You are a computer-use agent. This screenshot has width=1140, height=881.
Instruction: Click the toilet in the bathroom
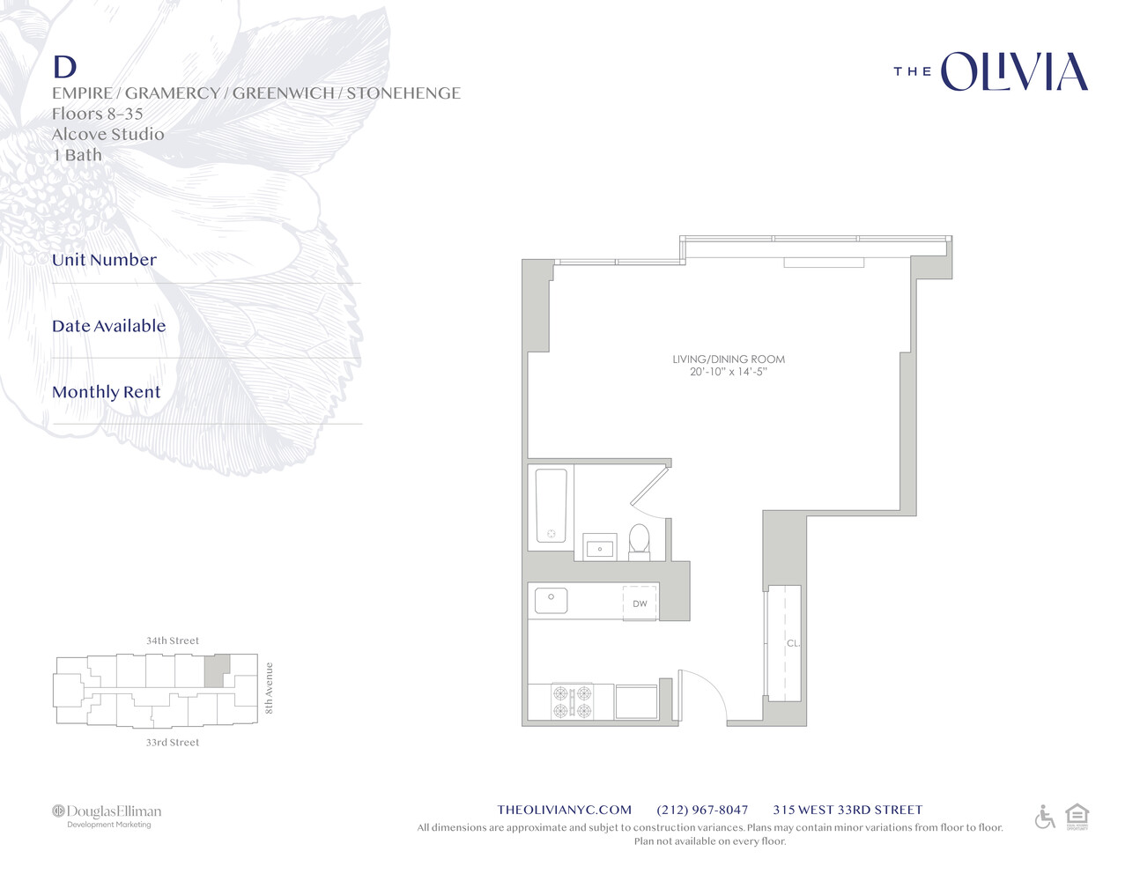click(x=640, y=540)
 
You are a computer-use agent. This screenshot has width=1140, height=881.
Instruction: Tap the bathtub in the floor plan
click(x=551, y=506)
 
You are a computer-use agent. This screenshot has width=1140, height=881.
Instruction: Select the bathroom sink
click(x=600, y=546)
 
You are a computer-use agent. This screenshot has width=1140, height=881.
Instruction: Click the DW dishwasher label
click(x=640, y=603)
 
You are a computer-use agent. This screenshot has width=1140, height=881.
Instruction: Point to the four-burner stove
click(x=571, y=702)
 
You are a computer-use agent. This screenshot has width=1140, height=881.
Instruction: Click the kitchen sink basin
click(x=551, y=600)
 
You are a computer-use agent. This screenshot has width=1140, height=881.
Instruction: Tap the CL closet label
click(x=792, y=643)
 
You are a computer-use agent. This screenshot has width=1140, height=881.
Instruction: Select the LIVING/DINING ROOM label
click(x=729, y=359)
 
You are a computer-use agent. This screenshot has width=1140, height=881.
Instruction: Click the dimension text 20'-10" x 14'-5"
click(x=729, y=372)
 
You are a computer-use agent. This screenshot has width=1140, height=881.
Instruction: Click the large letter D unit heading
click(x=64, y=67)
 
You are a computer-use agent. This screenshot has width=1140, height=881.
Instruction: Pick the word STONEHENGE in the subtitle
click(x=403, y=93)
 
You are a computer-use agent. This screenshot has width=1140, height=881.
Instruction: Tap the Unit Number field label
click(x=104, y=260)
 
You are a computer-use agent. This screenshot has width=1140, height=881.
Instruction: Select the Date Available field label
click(x=108, y=326)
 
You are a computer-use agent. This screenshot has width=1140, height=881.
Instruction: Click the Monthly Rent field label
click(x=106, y=392)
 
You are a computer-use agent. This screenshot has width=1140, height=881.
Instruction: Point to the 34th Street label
click(x=173, y=640)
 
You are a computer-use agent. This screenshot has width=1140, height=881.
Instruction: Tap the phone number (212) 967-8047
click(x=702, y=810)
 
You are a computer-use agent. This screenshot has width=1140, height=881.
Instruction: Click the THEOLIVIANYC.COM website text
click(x=564, y=810)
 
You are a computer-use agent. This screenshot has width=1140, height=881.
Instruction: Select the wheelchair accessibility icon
click(x=1045, y=817)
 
